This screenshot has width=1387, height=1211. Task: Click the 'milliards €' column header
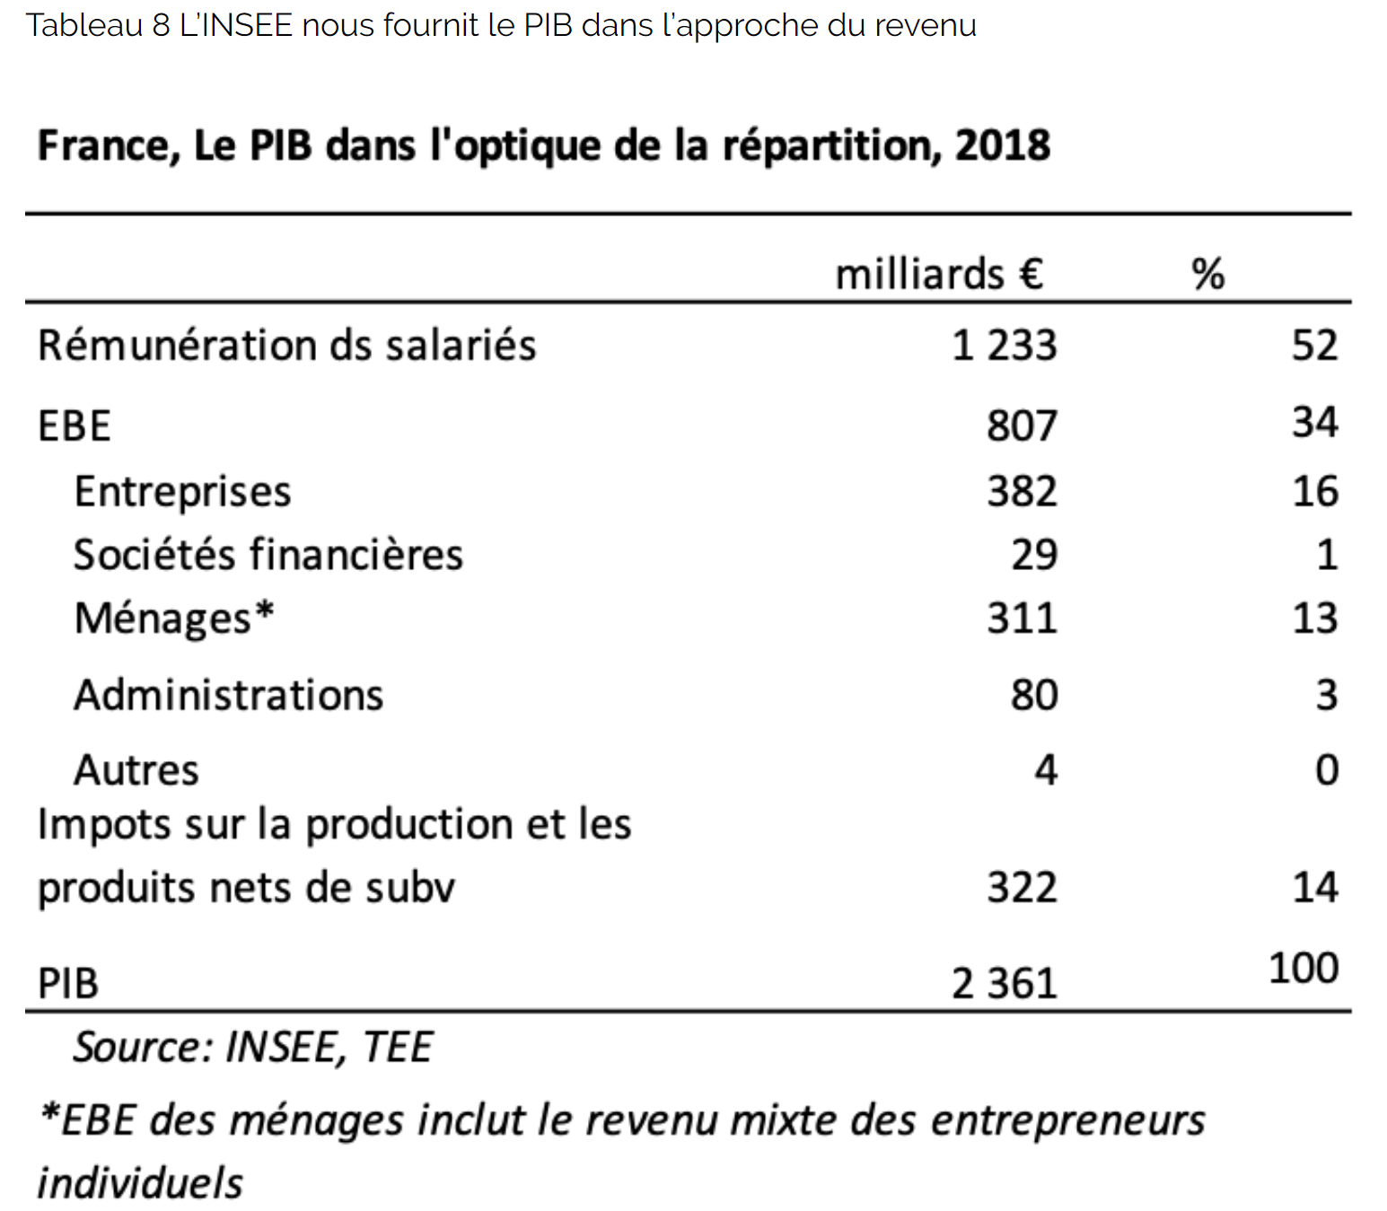tap(938, 274)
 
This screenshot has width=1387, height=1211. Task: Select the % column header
tap(1207, 274)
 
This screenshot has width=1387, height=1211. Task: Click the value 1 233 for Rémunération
tap(1004, 346)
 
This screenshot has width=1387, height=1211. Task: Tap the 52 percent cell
tap(1314, 346)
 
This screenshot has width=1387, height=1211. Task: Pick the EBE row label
tap(75, 426)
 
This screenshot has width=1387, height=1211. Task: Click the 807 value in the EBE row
tap(1022, 426)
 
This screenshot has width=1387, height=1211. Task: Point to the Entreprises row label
tap(182, 492)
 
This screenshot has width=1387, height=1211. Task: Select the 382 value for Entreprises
tap(1022, 492)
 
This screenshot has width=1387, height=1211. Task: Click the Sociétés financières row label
tap(268, 555)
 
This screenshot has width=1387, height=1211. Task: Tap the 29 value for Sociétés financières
tap(1034, 555)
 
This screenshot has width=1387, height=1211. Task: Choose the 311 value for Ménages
tap(1022, 619)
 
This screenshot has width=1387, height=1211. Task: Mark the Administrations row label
tap(228, 695)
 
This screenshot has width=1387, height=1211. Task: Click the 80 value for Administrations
tap(1034, 695)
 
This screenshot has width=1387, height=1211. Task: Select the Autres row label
tap(136, 770)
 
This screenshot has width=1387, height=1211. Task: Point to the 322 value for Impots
tap(1022, 888)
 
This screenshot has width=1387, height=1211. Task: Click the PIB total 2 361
tap(1004, 984)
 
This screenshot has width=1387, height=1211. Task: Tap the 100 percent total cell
tap(1304, 969)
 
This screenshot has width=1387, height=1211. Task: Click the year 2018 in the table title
tap(1002, 145)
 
